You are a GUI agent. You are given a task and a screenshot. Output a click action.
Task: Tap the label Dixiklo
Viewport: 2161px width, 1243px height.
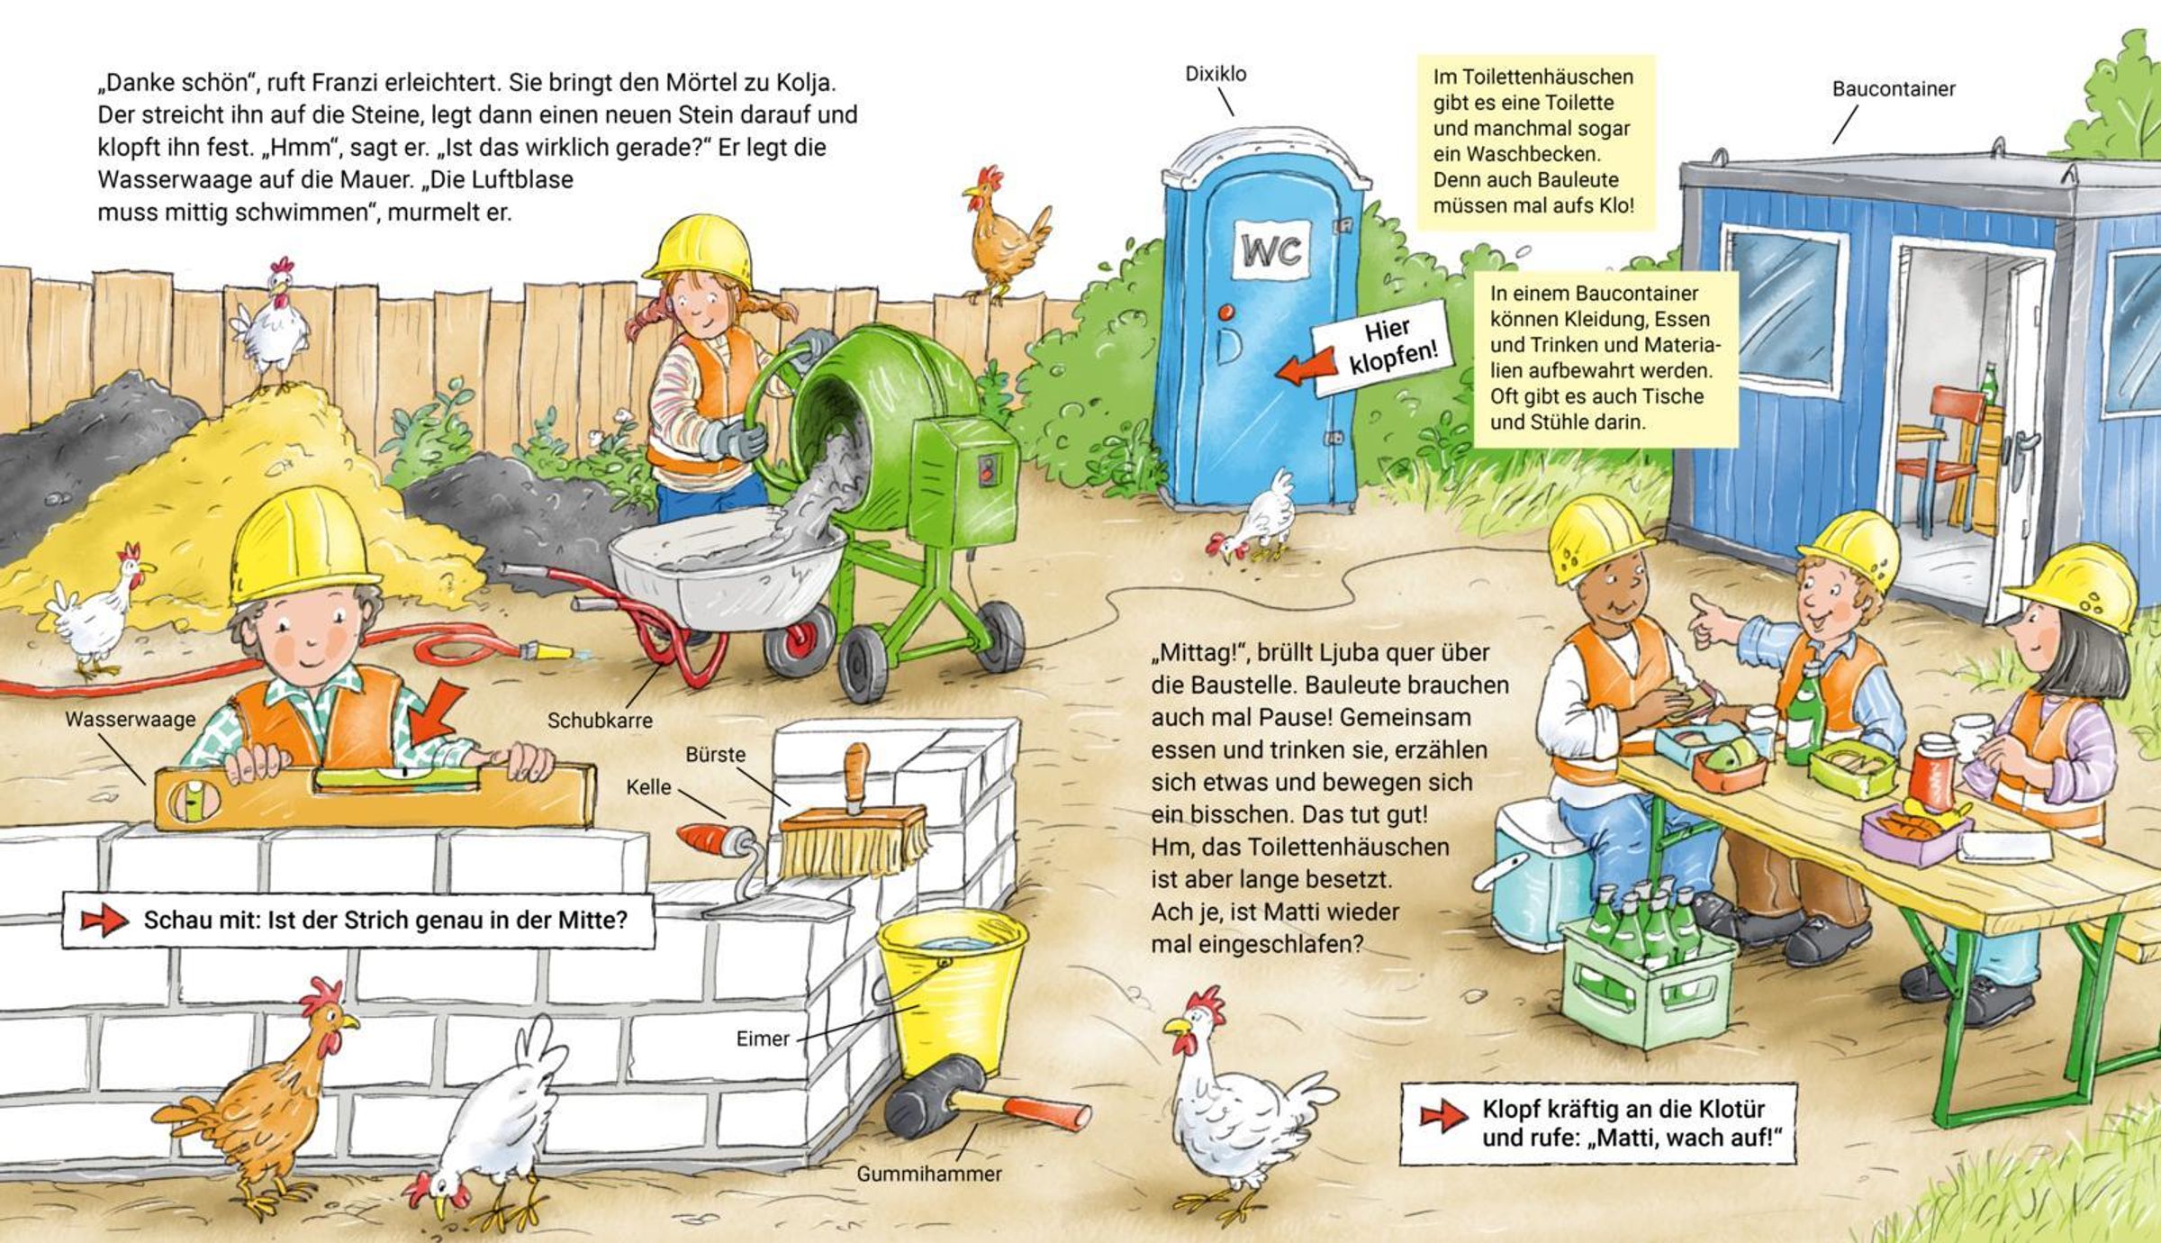coord(1216,74)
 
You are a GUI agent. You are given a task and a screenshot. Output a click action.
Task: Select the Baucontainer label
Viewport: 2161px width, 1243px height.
coord(1894,88)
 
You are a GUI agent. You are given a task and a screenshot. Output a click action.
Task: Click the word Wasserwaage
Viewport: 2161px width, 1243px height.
coord(130,719)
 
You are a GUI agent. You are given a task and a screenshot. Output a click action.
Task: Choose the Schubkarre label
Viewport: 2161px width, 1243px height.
coord(600,721)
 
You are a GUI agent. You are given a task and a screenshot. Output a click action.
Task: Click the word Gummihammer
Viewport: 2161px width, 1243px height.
coord(928,1175)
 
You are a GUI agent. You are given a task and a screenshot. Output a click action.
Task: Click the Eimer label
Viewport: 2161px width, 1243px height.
coord(763,1039)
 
